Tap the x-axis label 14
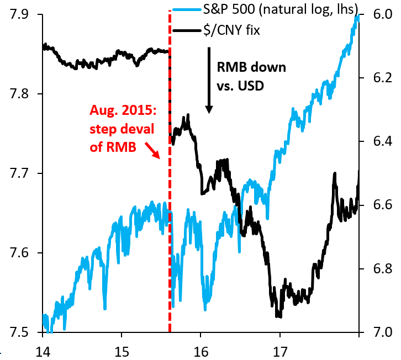(43, 350)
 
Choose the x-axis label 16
(201, 350)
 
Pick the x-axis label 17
(280, 350)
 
